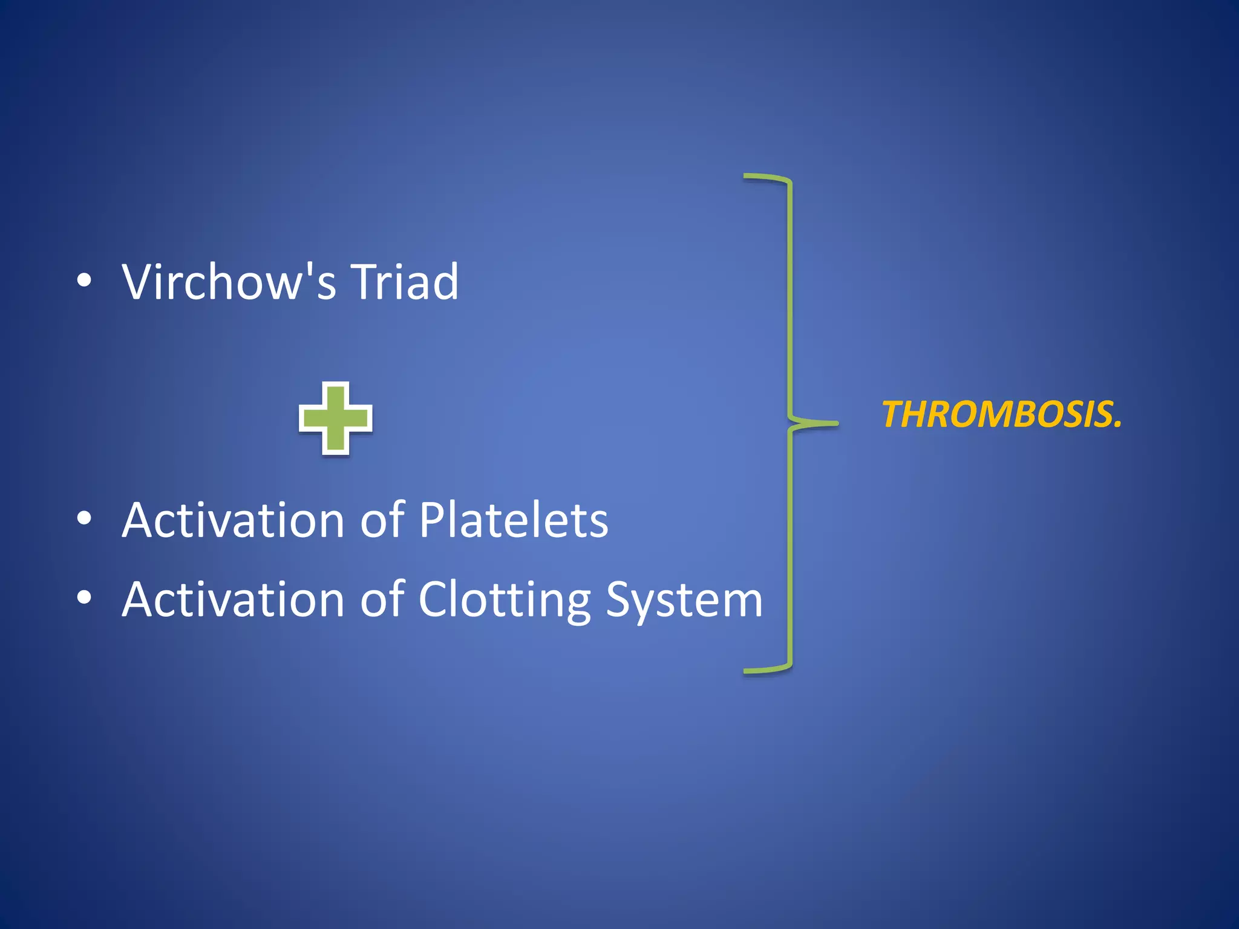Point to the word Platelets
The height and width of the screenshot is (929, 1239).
click(x=513, y=520)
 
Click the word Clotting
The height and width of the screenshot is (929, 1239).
click(x=504, y=600)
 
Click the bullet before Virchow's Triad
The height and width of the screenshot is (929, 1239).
click(x=84, y=282)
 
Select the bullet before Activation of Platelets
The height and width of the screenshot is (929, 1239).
click(x=84, y=520)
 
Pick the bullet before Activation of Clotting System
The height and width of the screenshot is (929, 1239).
click(x=84, y=598)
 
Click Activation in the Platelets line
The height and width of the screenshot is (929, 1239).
click(x=233, y=520)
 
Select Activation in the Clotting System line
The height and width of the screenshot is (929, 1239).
click(x=233, y=599)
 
